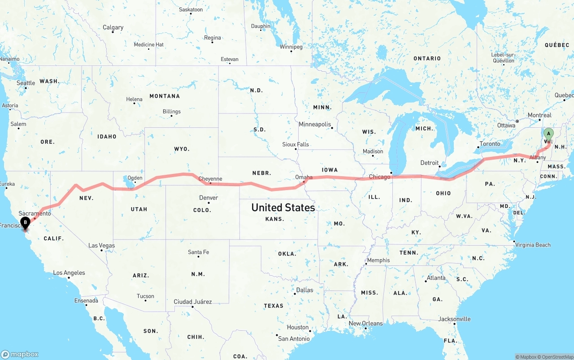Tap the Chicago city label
click(x=379, y=177)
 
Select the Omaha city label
click(x=304, y=177)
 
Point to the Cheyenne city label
click(x=210, y=179)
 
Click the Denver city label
click(x=209, y=198)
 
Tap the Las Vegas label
click(x=101, y=246)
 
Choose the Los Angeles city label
click(x=69, y=273)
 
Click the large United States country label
click(x=283, y=208)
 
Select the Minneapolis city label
click(x=315, y=124)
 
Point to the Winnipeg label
click(x=291, y=47)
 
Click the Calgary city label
click(x=113, y=27)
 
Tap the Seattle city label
click(x=26, y=83)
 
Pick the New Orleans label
click(x=365, y=324)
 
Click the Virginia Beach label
click(x=532, y=245)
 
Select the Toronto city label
click(x=490, y=144)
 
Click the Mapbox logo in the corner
click(x=20, y=354)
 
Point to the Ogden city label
click(x=135, y=178)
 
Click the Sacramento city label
click(x=35, y=213)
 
